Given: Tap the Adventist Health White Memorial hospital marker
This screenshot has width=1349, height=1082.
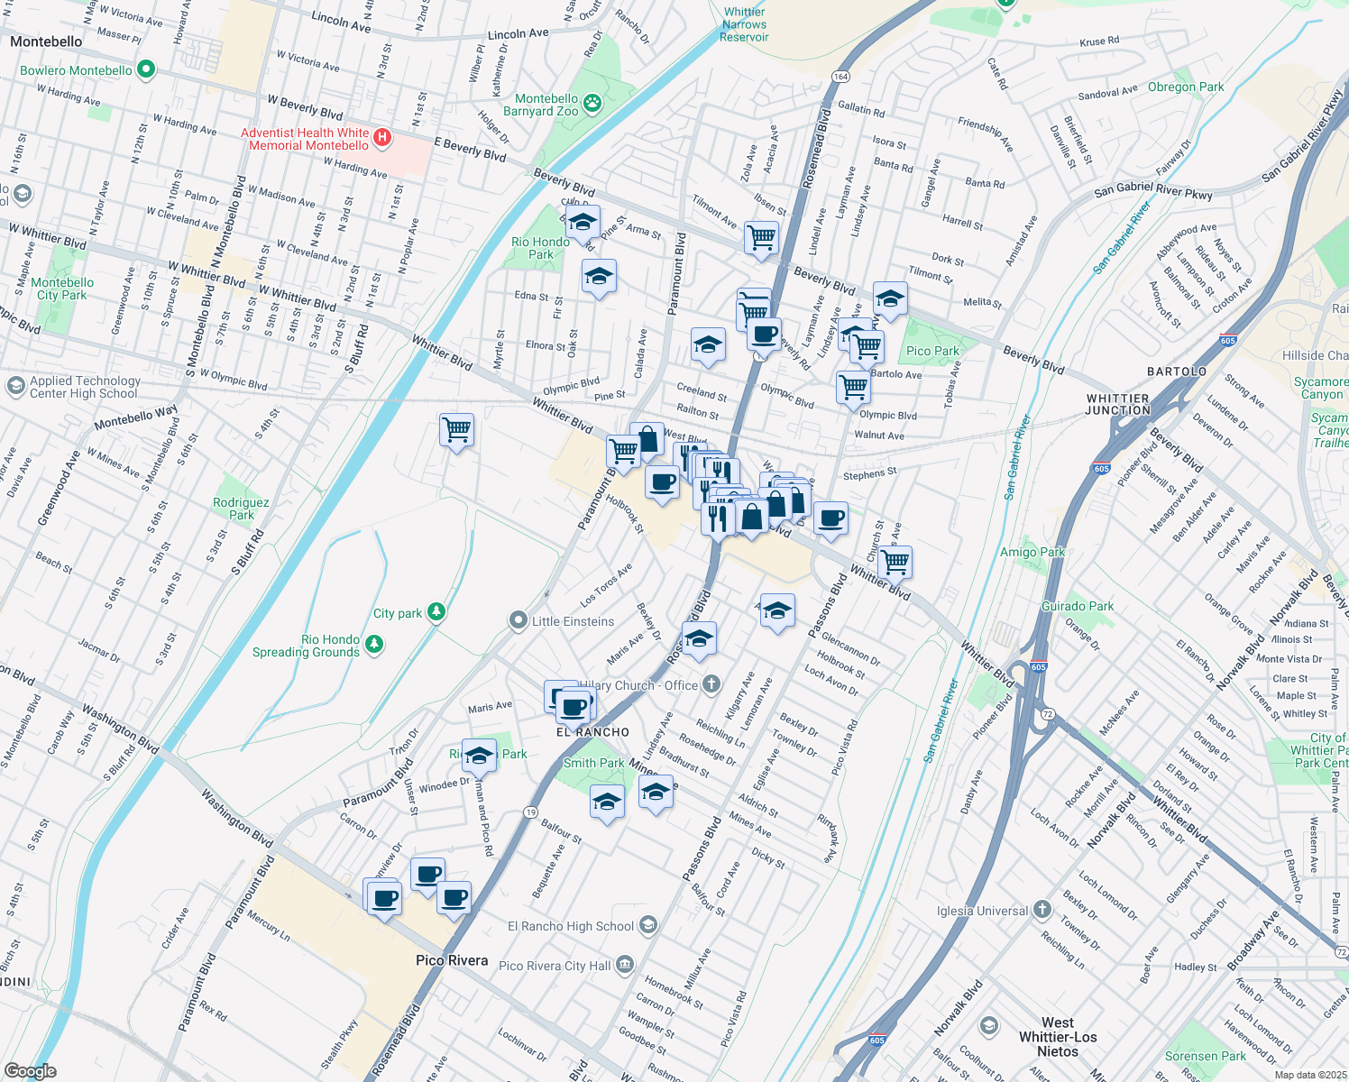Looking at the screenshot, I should tap(382, 138).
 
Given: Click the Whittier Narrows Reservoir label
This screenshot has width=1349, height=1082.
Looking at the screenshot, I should tap(744, 24).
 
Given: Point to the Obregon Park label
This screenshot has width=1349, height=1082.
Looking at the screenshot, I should tap(1186, 87).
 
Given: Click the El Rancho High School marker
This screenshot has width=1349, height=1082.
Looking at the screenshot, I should tap(647, 925).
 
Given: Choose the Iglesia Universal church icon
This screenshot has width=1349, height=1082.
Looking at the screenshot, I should tap(1042, 909).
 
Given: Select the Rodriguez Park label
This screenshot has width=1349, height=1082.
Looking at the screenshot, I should tap(241, 509).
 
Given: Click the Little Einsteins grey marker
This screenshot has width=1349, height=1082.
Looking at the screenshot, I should tap(518, 620).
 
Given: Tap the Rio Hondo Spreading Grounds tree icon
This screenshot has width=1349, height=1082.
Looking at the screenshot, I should tap(374, 645).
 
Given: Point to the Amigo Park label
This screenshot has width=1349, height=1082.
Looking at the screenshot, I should tap(1032, 552).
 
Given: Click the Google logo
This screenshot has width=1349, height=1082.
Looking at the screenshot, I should tap(30, 1070).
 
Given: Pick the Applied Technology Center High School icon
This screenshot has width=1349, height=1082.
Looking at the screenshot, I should tap(15, 386).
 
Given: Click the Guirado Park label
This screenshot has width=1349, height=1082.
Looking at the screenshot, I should tap(1078, 606).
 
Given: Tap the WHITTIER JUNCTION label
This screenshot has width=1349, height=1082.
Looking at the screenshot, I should tap(1118, 404).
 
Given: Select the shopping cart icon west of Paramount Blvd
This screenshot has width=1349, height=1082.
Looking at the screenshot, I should tap(457, 430).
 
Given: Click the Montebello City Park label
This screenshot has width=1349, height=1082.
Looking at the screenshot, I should tap(62, 289).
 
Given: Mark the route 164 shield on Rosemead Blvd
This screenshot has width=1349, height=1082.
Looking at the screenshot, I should tap(840, 76).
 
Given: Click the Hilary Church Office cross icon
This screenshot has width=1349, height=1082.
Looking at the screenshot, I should tap(711, 684).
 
